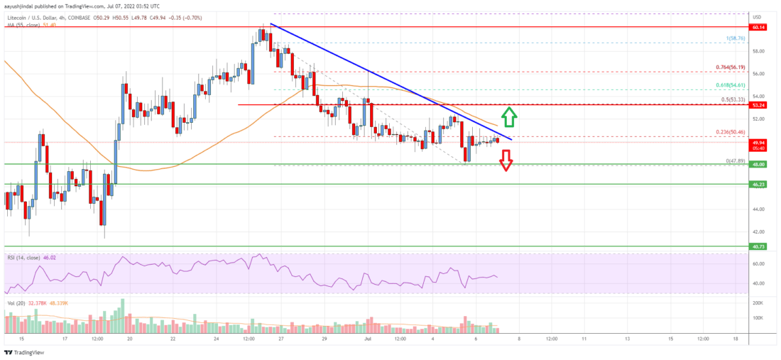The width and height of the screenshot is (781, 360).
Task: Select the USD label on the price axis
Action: (x=757, y=17)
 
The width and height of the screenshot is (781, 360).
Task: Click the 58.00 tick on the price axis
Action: (x=758, y=51)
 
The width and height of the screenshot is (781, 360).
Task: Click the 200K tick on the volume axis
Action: (x=759, y=303)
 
